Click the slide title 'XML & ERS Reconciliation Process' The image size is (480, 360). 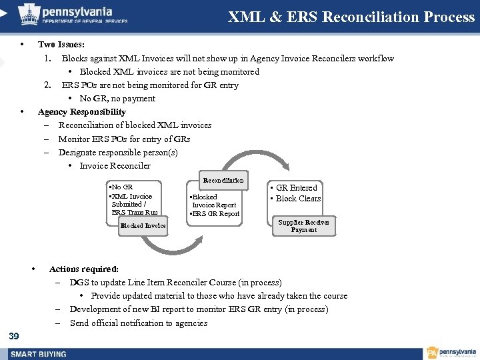351,17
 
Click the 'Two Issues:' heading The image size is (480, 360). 61,45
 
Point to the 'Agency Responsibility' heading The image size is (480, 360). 82,112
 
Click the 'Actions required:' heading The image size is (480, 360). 84,269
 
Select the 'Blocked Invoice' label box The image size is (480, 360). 143,226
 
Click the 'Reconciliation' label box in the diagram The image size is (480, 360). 223,181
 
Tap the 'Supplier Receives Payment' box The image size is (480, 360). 303,226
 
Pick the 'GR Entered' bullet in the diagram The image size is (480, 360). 296,188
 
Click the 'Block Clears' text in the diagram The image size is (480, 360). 298,199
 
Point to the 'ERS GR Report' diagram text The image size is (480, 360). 215,214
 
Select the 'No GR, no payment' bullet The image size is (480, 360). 117,99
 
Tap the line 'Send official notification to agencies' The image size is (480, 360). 139,323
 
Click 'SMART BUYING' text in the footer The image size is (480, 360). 39,353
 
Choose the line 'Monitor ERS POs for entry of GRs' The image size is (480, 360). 124,139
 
